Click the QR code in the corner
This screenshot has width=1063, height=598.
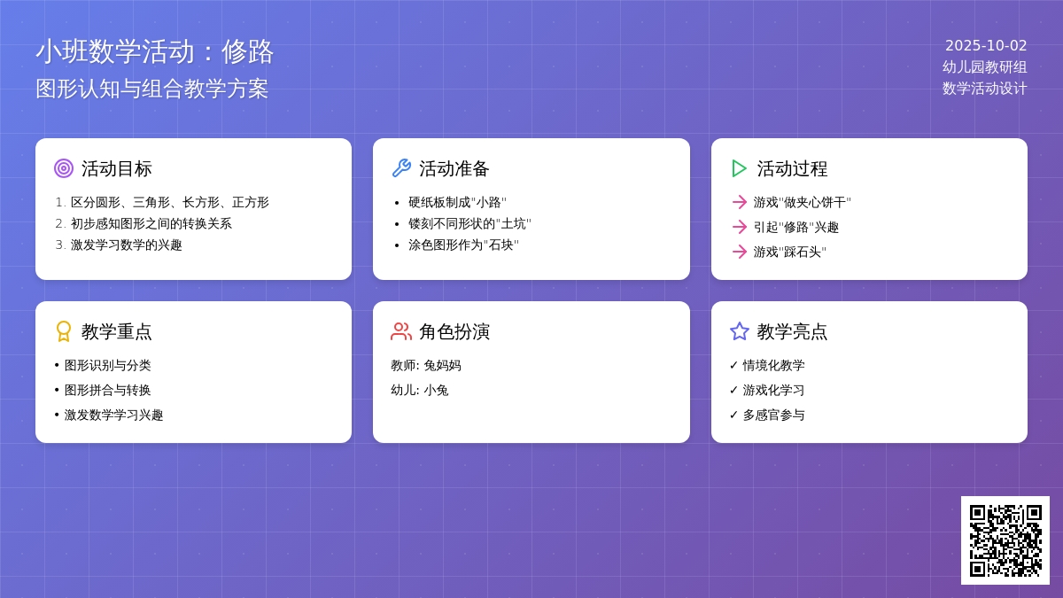point(1005,540)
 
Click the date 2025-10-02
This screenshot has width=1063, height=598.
point(986,45)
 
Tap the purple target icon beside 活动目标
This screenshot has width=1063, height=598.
point(64,168)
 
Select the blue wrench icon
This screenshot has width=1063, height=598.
point(401,168)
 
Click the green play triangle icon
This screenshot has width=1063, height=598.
point(739,168)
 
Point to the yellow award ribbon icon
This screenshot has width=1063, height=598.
point(64,331)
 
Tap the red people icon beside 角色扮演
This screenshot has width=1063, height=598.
point(401,331)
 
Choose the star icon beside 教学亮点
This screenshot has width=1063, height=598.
point(740,331)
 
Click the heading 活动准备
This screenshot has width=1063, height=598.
point(454,169)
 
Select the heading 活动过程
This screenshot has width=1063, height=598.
point(792,169)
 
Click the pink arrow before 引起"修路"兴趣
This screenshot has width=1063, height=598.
point(740,227)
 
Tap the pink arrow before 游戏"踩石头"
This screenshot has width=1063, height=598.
point(740,252)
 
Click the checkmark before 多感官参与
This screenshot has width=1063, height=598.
point(733,415)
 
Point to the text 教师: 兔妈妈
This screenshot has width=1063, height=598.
point(426,365)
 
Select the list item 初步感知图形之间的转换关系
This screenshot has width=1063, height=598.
point(151,223)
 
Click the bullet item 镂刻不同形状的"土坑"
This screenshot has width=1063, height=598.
point(469,223)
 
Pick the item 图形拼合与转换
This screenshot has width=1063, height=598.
point(108,390)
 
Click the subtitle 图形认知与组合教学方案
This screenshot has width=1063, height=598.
point(151,89)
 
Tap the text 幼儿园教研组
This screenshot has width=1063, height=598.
point(985,67)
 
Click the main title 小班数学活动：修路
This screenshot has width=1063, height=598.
point(155,51)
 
